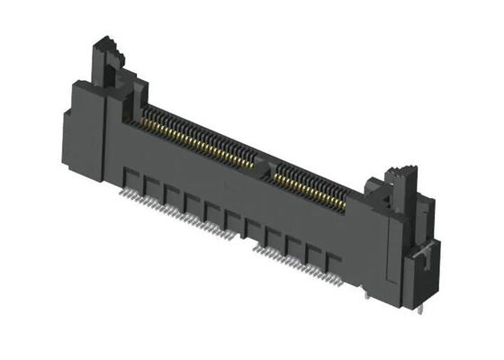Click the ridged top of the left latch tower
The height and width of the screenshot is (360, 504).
(106, 44)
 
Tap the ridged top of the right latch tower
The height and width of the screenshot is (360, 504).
(398, 175)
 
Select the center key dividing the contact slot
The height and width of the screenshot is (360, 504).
(264, 162)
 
